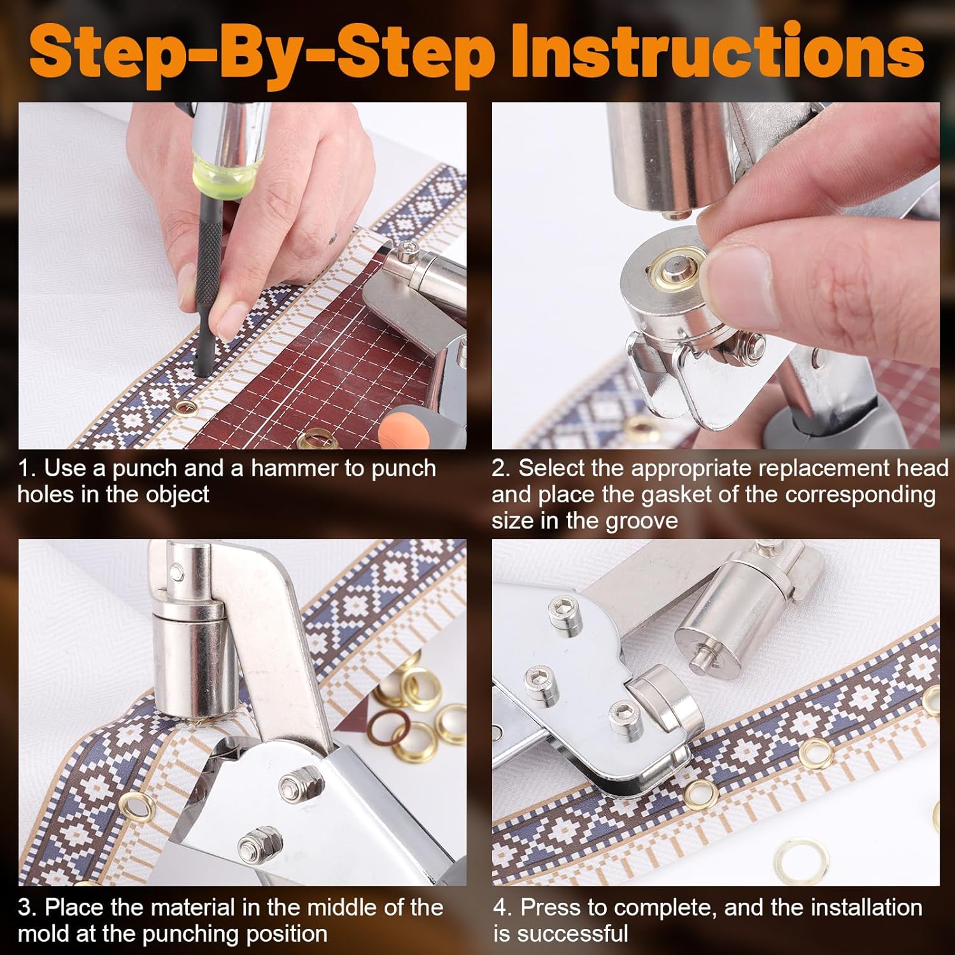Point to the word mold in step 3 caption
[45, 934]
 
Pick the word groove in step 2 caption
[642, 521]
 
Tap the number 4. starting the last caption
[503, 908]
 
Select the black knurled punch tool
[209, 283]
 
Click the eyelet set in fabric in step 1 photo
[187, 407]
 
